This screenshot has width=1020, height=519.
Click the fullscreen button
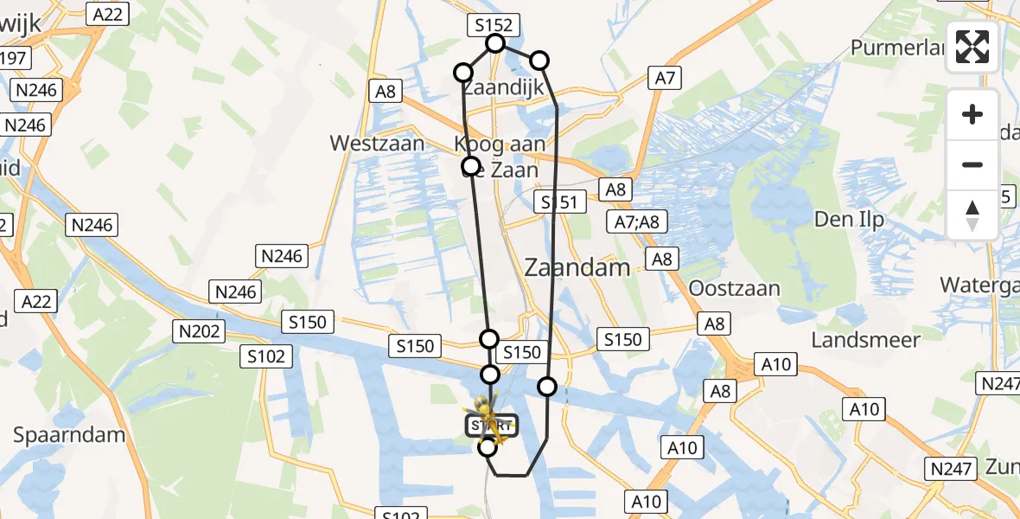click(x=972, y=47)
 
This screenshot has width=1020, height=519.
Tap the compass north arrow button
click(x=972, y=215)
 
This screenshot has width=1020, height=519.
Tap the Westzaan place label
click(x=377, y=143)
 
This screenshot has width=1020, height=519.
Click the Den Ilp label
click(x=849, y=220)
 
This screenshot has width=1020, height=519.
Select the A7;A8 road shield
click(x=636, y=222)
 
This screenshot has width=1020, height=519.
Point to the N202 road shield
click(x=199, y=330)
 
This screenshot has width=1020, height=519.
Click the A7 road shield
click(x=664, y=79)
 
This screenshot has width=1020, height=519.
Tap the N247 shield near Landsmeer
click(x=998, y=382)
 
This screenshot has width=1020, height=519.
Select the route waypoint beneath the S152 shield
click(x=495, y=43)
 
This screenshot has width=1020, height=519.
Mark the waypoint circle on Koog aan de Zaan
click(x=471, y=165)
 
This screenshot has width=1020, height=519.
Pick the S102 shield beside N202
click(x=269, y=356)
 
